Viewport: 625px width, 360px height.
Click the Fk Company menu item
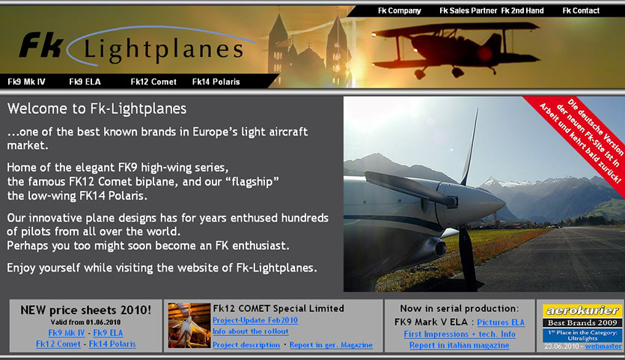coord(400,10)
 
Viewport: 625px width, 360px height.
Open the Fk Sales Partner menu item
coord(469,10)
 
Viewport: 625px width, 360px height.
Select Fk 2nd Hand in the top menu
coord(522,10)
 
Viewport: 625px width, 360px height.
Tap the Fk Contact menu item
coord(581,10)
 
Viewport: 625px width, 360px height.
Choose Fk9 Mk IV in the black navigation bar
coord(26,82)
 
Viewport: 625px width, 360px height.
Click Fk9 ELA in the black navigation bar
coord(85,82)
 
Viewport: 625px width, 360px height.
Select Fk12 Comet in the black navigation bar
coord(153,82)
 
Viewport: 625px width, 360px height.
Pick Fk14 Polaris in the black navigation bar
coord(216,82)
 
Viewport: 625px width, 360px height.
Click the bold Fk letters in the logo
coord(41,45)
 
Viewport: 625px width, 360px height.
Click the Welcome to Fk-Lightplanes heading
coord(97,109)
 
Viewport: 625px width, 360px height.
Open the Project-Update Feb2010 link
coord(255,320)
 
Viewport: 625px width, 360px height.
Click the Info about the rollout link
coord(250,332)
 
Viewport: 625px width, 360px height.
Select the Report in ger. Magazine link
coord(331,345)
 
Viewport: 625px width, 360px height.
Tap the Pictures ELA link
coord(501,322)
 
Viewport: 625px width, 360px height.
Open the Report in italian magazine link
coord(459,345)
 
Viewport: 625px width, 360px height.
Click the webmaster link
coord(603,347)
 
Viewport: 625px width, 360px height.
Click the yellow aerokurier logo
coord(582,311)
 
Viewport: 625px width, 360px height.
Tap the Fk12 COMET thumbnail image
coord(189,326)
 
